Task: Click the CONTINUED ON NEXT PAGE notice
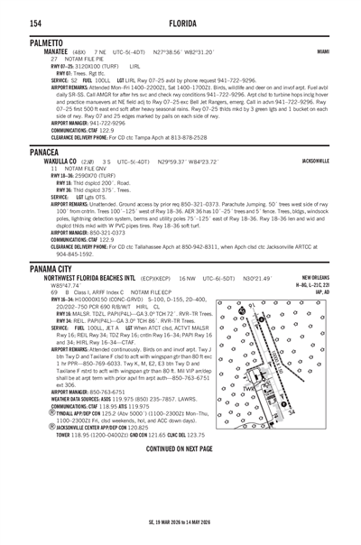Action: [180, 498]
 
